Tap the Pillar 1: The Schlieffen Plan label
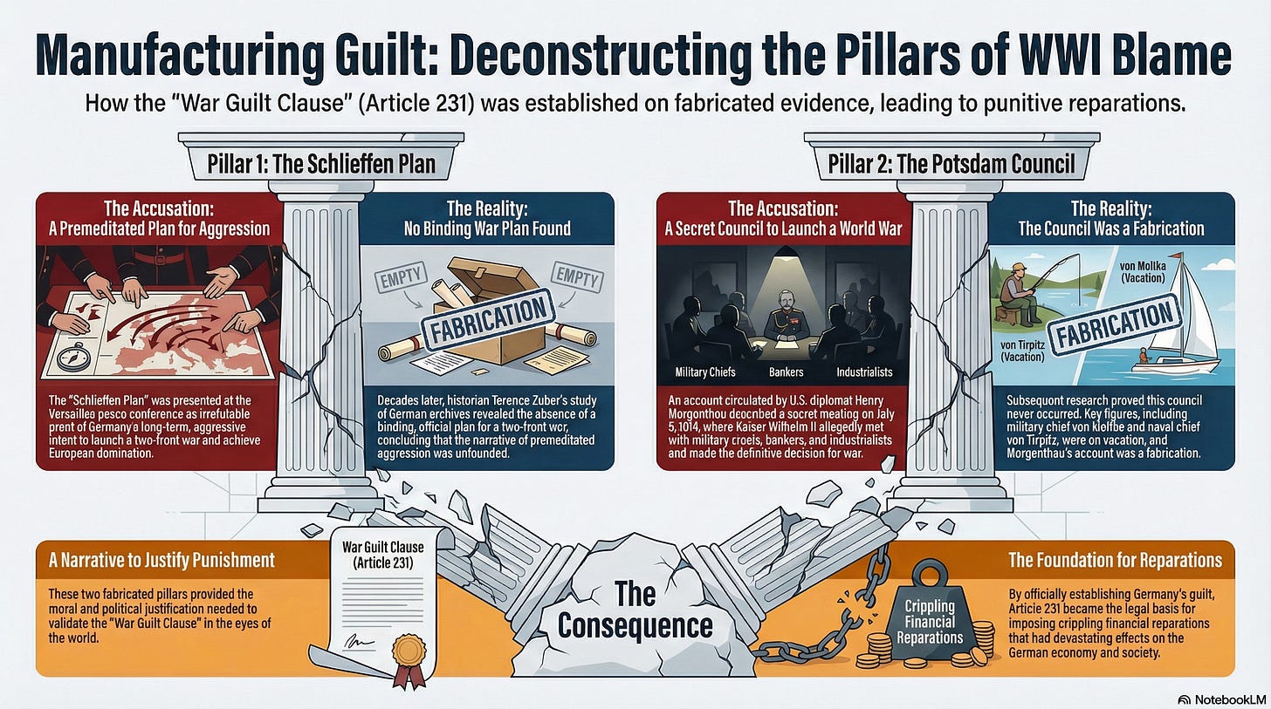320,162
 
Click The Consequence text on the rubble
635,610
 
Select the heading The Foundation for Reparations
1115,560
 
